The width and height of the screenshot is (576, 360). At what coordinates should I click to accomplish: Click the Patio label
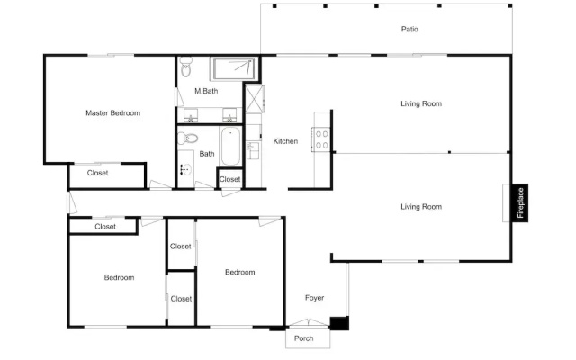pyautogui.click(x=409, y=29)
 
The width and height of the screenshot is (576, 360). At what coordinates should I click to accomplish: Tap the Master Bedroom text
pyautogui.click(x=112, y=113)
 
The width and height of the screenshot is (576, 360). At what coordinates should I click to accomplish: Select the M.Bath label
pyautogui.click(x=206, y=91)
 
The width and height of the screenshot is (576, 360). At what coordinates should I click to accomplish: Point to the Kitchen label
pyautogui.click(x=285, y=141)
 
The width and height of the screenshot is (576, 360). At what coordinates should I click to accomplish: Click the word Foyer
pyautogui.click(x=314, y=298)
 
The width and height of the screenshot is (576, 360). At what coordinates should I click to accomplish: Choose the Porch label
pyautogui.click(x=304, y=338)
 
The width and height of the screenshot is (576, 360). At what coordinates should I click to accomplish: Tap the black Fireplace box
pyautogui.click(x=520, y=202)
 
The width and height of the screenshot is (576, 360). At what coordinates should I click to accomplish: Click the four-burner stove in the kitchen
pyautogui.click(x=321, y=139)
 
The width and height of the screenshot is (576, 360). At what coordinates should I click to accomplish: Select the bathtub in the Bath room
pyautogui.click(x=230, y=146)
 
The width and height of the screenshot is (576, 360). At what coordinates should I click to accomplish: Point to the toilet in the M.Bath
pyautogui.click(x=186, y=67)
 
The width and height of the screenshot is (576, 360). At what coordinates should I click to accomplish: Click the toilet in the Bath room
pyautogui.click(x=187, y=139)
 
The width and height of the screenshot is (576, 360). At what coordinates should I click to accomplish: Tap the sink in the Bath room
pyautogui.click(x=186, y=169)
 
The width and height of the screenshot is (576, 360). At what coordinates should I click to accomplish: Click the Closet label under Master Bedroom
pyautogui.click(x=97, y=173)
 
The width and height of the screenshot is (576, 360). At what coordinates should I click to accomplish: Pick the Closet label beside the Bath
pyautogui.click(x=229, y=179)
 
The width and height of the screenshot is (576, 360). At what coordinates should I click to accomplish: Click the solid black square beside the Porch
pyautogui.click(x=339, y=323)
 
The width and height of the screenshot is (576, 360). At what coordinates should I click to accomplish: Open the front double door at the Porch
pyautogui.click(x=308, y=322)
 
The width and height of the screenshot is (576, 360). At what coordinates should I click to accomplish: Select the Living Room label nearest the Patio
pyautogui.click(x=421, y=103)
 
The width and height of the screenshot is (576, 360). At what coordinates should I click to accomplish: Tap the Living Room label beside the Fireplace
pyautogui.click(x=421, y=207)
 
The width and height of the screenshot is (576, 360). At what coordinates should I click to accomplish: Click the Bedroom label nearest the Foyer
pyautogui.click(x=240, y=272)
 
